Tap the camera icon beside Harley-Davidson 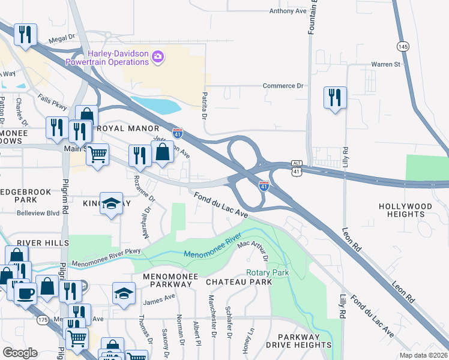[158, 57]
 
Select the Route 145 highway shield [403, 46]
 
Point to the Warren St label [385, 64]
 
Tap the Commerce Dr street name [283, 86]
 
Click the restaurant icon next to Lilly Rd [334, 97]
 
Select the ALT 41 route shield [295, 169]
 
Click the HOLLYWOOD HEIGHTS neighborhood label [405, 210]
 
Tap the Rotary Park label [268, 272]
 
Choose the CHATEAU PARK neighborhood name [239, 281]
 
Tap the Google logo [20, 353]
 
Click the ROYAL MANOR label [128, 128]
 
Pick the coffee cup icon [25, 293]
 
